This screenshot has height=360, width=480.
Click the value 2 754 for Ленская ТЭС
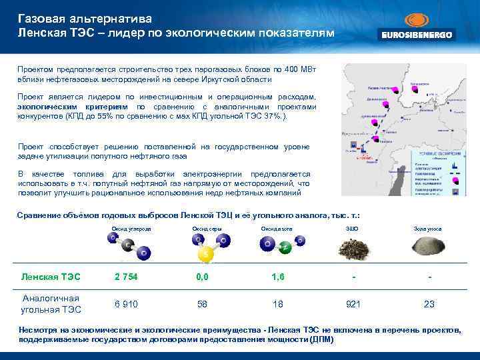pyautogui.click(x=125, y=277)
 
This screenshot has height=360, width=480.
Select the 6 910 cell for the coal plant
pyautogui.click(x=125, y=304)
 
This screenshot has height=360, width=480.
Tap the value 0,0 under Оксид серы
pyautogui.click(x=202, y=277)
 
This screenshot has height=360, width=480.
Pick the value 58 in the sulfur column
pyautogui.click(x=202, y=304)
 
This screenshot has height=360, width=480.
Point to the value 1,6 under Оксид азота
pyautogui.click(x=277, y=277)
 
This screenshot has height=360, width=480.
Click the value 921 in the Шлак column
pyautogui.click(x=353, y=304)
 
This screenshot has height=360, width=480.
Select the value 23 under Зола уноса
pyautogui.click(x=429, y=304)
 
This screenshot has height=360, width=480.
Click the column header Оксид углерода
pyautogui.click(x=131, y=229)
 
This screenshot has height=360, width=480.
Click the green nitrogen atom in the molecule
pyautogui.click(x=283, y=248)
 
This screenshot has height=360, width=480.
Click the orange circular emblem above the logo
pyautogui.click(x=416, y=18)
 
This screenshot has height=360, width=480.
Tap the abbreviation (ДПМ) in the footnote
pyautogui.click(x=321, y=339)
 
